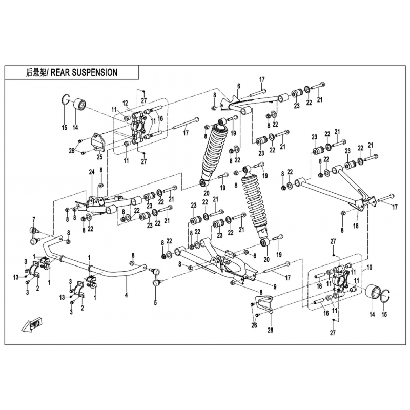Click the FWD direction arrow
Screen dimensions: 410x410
coord(33,325)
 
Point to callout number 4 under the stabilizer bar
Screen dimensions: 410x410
coord(126,295)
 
